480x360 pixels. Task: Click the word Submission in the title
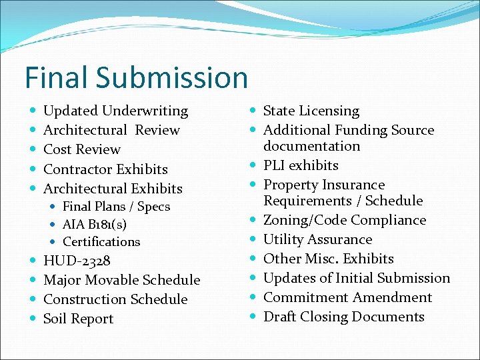pyautogui.click(x=173, y=78)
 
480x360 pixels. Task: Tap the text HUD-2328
pyautogui.click(x=77, y=261)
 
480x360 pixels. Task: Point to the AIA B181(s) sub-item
pyautogui.click(x=95, y=224)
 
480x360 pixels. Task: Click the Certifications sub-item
pyautogui.click(x=101, y=241)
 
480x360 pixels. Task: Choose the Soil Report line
pyautogui.click(x=78, y=319)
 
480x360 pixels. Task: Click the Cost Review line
pyautogui.click(x=81, y=149)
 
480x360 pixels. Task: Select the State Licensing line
pyautogui.click(x=311, y=111)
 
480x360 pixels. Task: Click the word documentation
pyautogui.click(x=311, y=146)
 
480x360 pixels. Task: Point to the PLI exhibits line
pyautogui.click(x=301, y=165)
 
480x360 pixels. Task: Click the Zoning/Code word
pyautogui.click(x=305, y=220)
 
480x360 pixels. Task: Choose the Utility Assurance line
pyautogui.click(x=317, y=239)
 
